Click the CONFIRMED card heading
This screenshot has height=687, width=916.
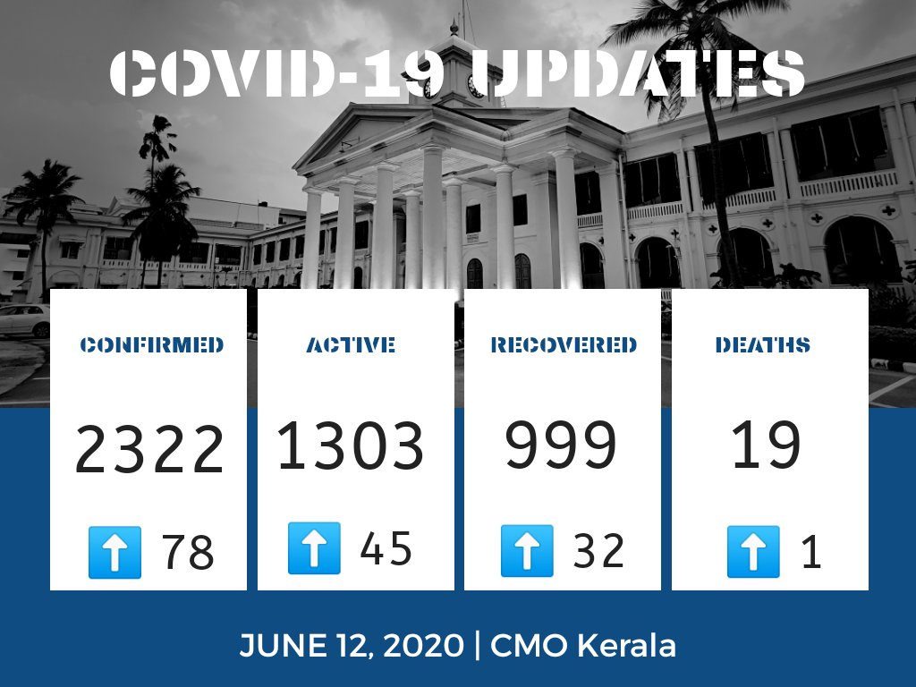tap(151, 345)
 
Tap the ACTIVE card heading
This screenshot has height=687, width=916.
tap(351, 345)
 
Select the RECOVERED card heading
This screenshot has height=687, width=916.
tap(564, 345)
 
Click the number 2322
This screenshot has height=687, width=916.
tap(149, 451)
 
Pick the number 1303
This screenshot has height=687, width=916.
tap(350, 445)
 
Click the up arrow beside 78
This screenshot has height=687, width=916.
tap(114, 552)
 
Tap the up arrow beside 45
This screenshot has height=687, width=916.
tap(314, 548)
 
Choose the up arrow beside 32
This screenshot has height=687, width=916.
tap(526, 550)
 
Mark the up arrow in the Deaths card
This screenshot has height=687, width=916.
tap(752, 551)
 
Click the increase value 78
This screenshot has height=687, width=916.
tap(188, 553)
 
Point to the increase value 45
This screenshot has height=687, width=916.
tap(386, 548)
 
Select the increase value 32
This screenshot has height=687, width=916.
tap(598, 551)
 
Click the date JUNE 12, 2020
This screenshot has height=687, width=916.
tap(352, 645)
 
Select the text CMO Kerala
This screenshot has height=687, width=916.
tap(583, 645)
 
